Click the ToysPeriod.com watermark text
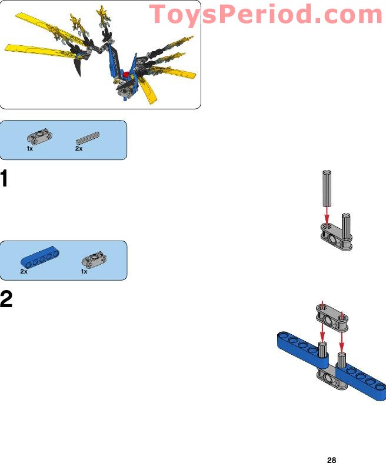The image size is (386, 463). point(266,15)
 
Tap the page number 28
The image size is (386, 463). point(332,459)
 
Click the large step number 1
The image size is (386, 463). point(4,178)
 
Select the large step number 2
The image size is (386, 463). point(6,299)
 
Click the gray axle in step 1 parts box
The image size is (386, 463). point(88,138)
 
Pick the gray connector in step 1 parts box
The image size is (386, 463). point(39,137)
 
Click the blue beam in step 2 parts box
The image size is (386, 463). point(39,257)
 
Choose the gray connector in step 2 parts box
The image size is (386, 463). point(94,259)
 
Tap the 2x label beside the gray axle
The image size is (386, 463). point(79,148)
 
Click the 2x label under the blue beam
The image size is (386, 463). point(24,271)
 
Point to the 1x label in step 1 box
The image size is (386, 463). point(29,148)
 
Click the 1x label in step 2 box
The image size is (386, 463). point(84,271)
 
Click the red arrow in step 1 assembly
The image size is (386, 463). point(327,216)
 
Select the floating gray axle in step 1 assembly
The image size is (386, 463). point(327,188)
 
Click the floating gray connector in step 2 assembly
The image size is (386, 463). point(332,318)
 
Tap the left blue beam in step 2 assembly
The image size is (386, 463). point(302,349)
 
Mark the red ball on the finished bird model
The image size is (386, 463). point(127,74)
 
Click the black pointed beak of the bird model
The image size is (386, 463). point(78,66)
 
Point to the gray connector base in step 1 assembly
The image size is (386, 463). point(336,237)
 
